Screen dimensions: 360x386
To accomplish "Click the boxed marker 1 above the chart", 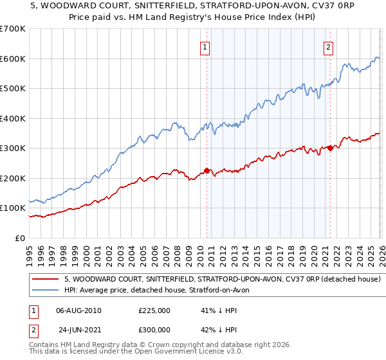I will coord(205,46).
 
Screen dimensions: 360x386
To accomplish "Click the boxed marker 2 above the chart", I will coord(328,46).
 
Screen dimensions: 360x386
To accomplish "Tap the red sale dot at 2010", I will coord(207,170).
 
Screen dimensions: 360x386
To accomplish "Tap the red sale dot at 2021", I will coord(330,148).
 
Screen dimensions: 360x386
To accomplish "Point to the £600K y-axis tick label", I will coord(13,59).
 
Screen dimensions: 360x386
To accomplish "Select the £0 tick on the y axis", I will coord(21,238).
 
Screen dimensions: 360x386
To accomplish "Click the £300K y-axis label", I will coord(13,148).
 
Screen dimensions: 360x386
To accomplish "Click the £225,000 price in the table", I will coord(154,310).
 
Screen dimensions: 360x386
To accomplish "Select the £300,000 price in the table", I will coord(154,330).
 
